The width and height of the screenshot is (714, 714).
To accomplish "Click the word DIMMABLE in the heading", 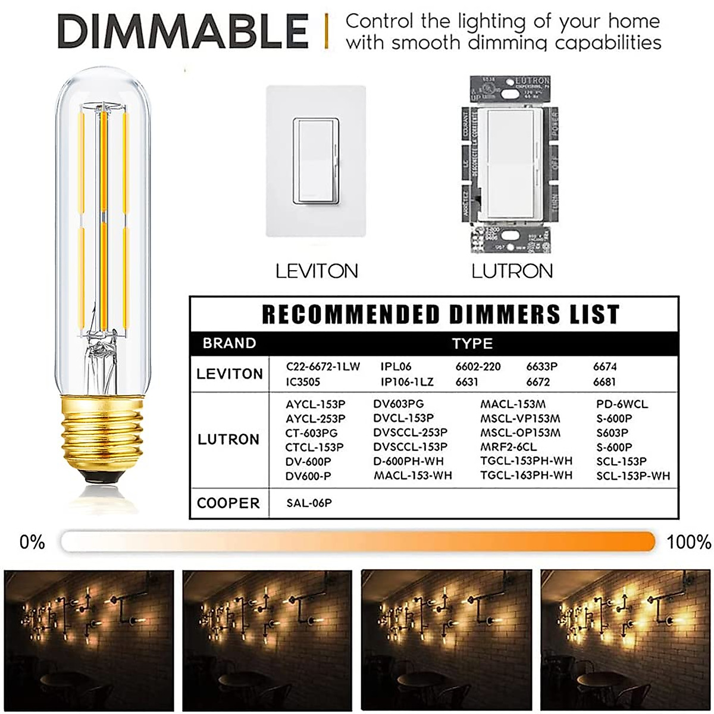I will (183, 31).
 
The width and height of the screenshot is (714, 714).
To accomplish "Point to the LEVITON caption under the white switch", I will (317, 271).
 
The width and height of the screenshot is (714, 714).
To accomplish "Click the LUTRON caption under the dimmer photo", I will (512, 271).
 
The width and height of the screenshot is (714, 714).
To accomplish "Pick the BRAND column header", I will (229, 343).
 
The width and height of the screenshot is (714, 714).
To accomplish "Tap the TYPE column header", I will (472, 343).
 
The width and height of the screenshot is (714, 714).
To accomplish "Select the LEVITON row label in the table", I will (230, 374).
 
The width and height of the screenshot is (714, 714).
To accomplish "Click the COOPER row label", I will (228, 503).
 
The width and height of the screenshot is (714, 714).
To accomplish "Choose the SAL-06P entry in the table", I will (309, 503).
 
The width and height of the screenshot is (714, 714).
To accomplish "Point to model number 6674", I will (605, 367).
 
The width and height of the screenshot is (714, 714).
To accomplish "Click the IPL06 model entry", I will (396, 367).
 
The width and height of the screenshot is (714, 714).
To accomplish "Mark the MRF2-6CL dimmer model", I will (508, 447).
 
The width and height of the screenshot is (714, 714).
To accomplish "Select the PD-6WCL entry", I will (622, 405).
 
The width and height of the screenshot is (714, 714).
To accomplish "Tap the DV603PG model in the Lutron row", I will (399, 405).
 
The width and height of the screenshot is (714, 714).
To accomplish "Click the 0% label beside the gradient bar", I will (32, 542).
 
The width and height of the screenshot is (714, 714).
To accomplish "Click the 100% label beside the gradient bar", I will (688, 542).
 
